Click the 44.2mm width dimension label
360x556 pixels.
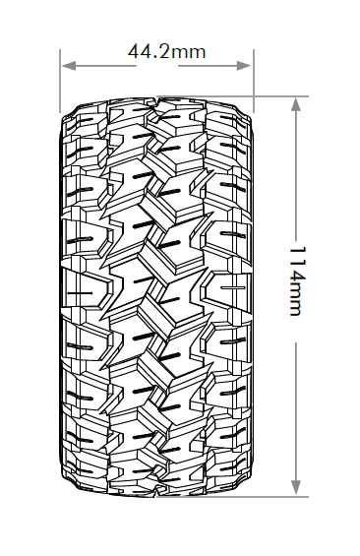(x=166, y=51)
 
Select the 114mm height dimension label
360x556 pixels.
(x=297, y=280)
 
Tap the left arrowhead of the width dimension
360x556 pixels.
(x=69, y=66)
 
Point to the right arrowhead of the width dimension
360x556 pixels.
(x=244, y=66)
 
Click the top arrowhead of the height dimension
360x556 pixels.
(x=296, y=104)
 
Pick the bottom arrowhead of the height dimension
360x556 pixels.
(x=296, y=487)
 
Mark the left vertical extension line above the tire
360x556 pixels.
(x=60, y=82)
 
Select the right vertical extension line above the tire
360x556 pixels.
(x=254, y=82)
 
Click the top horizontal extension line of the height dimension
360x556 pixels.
(x=232, y=96)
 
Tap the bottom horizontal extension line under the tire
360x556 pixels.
(x=232, y=496)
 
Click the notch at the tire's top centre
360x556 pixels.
(x=157, y=102)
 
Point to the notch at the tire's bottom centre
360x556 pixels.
(x=157, y=491)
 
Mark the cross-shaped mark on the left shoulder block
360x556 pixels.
(x=80, y=293)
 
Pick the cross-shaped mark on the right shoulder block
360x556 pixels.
(x=233, y=287)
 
